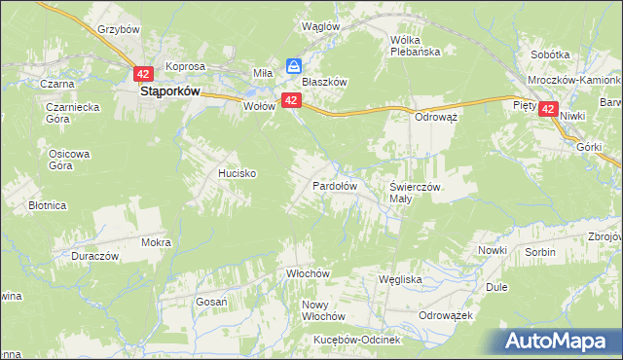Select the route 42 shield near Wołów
coord(290,101)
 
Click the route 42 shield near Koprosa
coord(144,73)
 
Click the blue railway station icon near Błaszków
coord(293,66)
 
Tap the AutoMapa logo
coord(559,342)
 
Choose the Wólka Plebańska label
coord(415,46)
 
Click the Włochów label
coord(310,273)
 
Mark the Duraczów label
coord(94,256)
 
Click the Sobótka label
coord(550,54)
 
